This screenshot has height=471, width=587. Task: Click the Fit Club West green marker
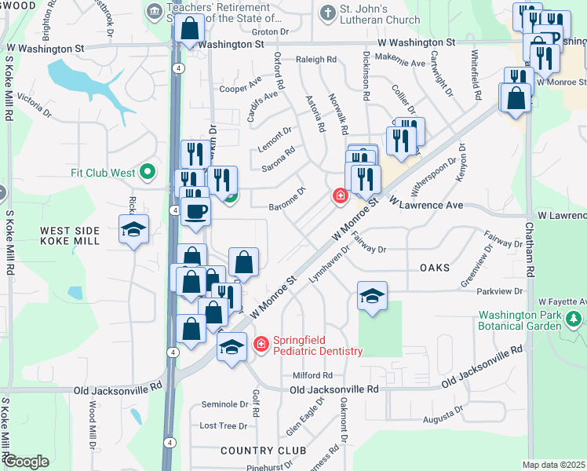click(x=147, y=173)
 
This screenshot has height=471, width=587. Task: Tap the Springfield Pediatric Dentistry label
click(x=317, y=346)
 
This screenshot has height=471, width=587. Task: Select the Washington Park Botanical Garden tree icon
click(x=574, y=319)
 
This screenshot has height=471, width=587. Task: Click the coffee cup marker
click(x=195, y=211)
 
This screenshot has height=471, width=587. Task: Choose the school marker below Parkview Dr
click(x=372, y=296)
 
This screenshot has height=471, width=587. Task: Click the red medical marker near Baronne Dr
click(x=341, y=195)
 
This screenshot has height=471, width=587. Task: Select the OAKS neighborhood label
click(x=435, y=268)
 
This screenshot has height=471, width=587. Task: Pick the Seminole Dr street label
click(x=224, y=404)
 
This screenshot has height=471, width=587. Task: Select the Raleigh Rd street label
click(x=316, y=60)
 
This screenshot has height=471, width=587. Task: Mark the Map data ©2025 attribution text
click(x=553, y=465)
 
